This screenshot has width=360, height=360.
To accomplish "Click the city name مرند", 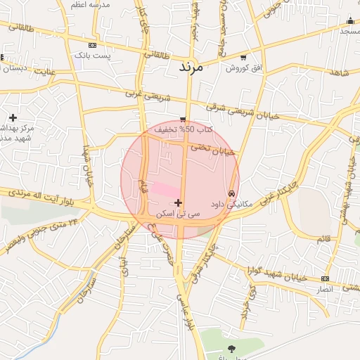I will pyautogui.click(x=191, y=68).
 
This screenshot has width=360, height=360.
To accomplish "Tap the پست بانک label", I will pyautogui.click(x=93, y=54).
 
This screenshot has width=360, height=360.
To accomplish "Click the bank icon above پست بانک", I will pyautogui.click(x=92, y=44).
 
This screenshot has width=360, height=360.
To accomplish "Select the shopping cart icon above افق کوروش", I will pyautogui.click(x=243, y=58).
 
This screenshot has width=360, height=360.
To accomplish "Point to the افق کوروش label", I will pyautogui.click(x=243, y=68).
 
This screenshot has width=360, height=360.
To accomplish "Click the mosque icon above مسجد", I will pyautogui.click(x=349, y=21).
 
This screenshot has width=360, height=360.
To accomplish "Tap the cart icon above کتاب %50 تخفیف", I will pyautogui.click(x=183, y=120).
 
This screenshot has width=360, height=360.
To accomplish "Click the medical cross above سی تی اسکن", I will pyautogui.click(x=178, y=202).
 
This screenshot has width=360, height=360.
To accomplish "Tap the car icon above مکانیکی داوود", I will pyautogui.click(x=231, y=193).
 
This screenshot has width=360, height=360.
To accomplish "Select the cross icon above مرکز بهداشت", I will pyautogui.click(x=13, y=117).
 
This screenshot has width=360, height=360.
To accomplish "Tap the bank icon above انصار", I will pyautogui.click(x=324, y=278).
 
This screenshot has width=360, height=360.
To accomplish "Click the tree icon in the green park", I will pyautogui.click(x=232, y=347).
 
